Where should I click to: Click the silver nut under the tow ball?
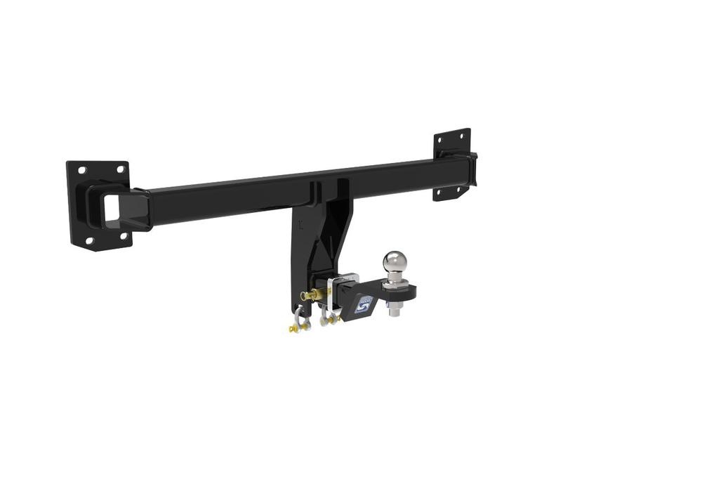pos(395,307)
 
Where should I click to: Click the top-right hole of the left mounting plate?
pos(120,169)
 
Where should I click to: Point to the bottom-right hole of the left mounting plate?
pos(124,235)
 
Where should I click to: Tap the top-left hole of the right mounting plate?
pos(441,141)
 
